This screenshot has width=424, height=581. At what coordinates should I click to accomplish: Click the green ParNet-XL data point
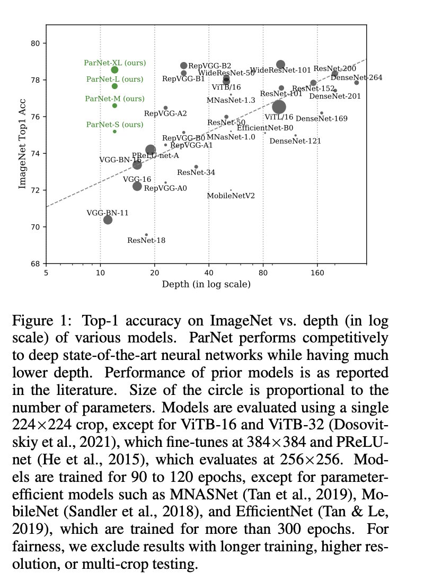pyautogui.click(x=114, y=70)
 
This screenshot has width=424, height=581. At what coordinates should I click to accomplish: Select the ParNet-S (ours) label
pyautogui.click(x=114, y=125)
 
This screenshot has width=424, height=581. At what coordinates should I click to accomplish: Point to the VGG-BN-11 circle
pyautogui.click(x=108, y=219)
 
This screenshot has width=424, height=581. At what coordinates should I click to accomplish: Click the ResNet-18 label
pyautogui.click(x=146, y=240)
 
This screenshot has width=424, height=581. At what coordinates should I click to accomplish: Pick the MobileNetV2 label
pyautogui.click(x=231, y=196)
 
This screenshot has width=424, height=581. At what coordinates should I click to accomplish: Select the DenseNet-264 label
pyautogui.click(x=349, y=78)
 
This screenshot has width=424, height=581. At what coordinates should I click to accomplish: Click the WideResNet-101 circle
pyautogui.click(x=281, y=65)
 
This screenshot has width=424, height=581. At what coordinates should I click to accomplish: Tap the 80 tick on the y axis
pyautogui.click(x=37, y=43)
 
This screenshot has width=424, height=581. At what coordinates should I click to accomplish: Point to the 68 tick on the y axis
pyautogui.click(x=37, y=263)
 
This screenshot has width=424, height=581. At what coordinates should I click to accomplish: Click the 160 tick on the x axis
pyautogui.click(x=317, y=272)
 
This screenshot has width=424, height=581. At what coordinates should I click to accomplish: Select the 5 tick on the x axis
pyautogui.click(x=46, y=272)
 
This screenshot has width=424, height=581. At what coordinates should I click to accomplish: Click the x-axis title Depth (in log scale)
pyautogui.click(x=206, y=285)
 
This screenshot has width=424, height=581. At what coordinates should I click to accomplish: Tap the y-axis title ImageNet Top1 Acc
pyautogui.click(x=22, y=154)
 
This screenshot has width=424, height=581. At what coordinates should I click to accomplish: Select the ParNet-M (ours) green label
pyautogui.click(x=114, y=99)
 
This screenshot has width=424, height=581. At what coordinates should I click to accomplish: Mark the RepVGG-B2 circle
pyautogui.click(x=183, y=66)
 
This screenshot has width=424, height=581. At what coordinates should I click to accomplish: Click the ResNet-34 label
pyautogui.click(x=196, y=172)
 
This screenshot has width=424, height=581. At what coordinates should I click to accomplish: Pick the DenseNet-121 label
pyautogui.click(x=295, y=141)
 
